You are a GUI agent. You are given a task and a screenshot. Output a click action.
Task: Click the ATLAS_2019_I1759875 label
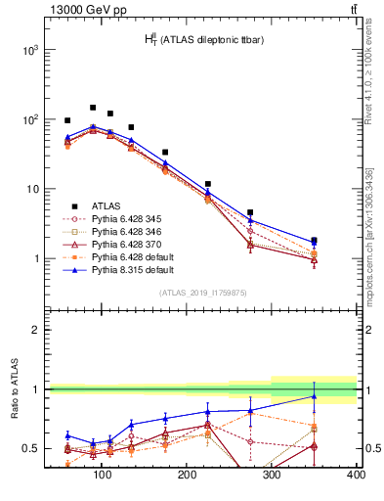[x=202, y=292]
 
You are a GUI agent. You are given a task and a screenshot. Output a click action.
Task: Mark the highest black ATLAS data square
[x=93, y=108]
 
